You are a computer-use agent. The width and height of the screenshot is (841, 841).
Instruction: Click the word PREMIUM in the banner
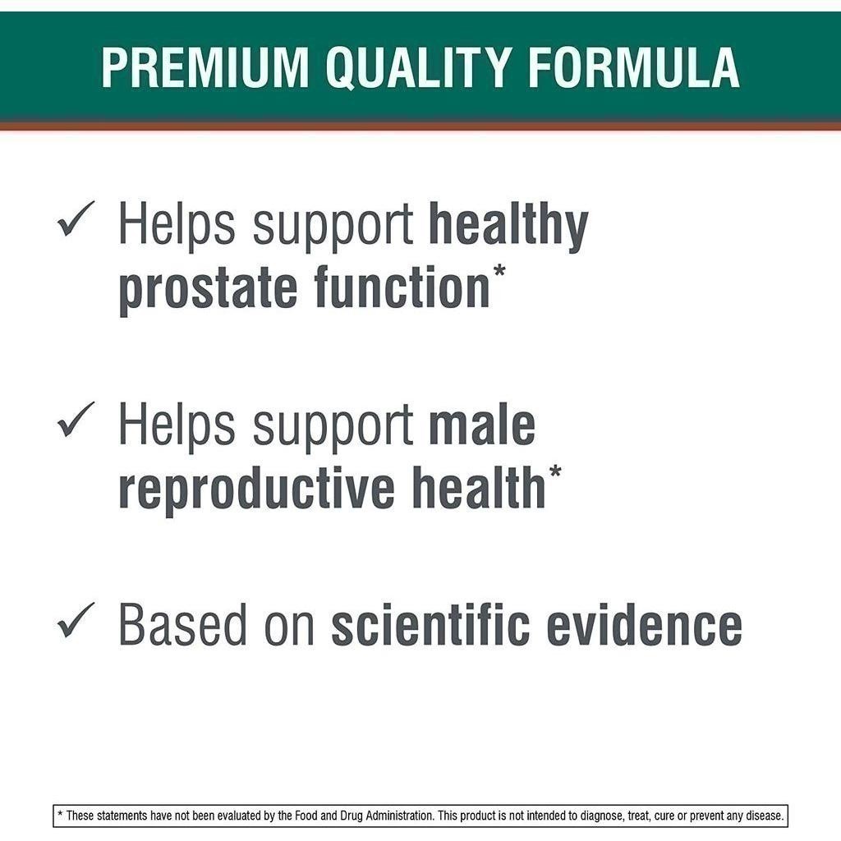[205, 67]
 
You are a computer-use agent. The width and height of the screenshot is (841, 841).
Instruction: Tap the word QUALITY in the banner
[418, 68]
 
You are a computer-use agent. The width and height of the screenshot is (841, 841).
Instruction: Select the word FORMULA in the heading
[633, 67]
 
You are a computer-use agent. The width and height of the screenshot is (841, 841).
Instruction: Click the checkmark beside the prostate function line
[76, 218]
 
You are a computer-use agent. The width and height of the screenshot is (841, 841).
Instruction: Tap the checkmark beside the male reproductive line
[76, 420]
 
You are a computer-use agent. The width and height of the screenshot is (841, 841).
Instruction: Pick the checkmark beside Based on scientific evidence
[76, 620]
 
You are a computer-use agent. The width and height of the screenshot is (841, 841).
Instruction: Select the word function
[402, 286]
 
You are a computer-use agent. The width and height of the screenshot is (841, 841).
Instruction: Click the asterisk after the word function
[499, 270]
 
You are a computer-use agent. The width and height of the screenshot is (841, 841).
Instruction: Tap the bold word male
[482, 426]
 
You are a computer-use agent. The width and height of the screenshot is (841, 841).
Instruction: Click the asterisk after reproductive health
[555, 471]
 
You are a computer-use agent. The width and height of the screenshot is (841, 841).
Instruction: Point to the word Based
[182, 625]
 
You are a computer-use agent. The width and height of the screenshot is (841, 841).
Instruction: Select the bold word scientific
[430, 624]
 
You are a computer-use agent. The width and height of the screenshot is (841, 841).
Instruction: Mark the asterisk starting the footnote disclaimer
[60, 815]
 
